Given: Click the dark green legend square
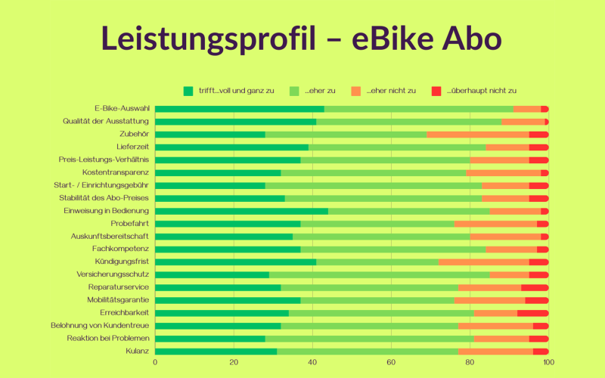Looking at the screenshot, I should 188,91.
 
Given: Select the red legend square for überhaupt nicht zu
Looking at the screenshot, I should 436,91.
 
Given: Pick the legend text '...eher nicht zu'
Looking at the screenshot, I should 391,91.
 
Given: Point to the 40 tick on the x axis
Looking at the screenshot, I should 312,361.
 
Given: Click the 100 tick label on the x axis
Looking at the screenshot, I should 548,361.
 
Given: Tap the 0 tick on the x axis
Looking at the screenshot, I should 155,361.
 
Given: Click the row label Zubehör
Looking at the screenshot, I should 134,134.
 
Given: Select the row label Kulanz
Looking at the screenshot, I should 137,351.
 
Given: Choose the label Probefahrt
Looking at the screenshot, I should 129,223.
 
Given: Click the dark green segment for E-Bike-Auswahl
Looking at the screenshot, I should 239,109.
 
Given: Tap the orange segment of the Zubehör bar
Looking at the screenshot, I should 477,134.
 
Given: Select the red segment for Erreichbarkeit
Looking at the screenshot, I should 532,312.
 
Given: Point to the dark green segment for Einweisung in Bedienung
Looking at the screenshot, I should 241,211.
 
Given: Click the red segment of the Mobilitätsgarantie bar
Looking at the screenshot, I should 536,300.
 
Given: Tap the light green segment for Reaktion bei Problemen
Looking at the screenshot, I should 369,338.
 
